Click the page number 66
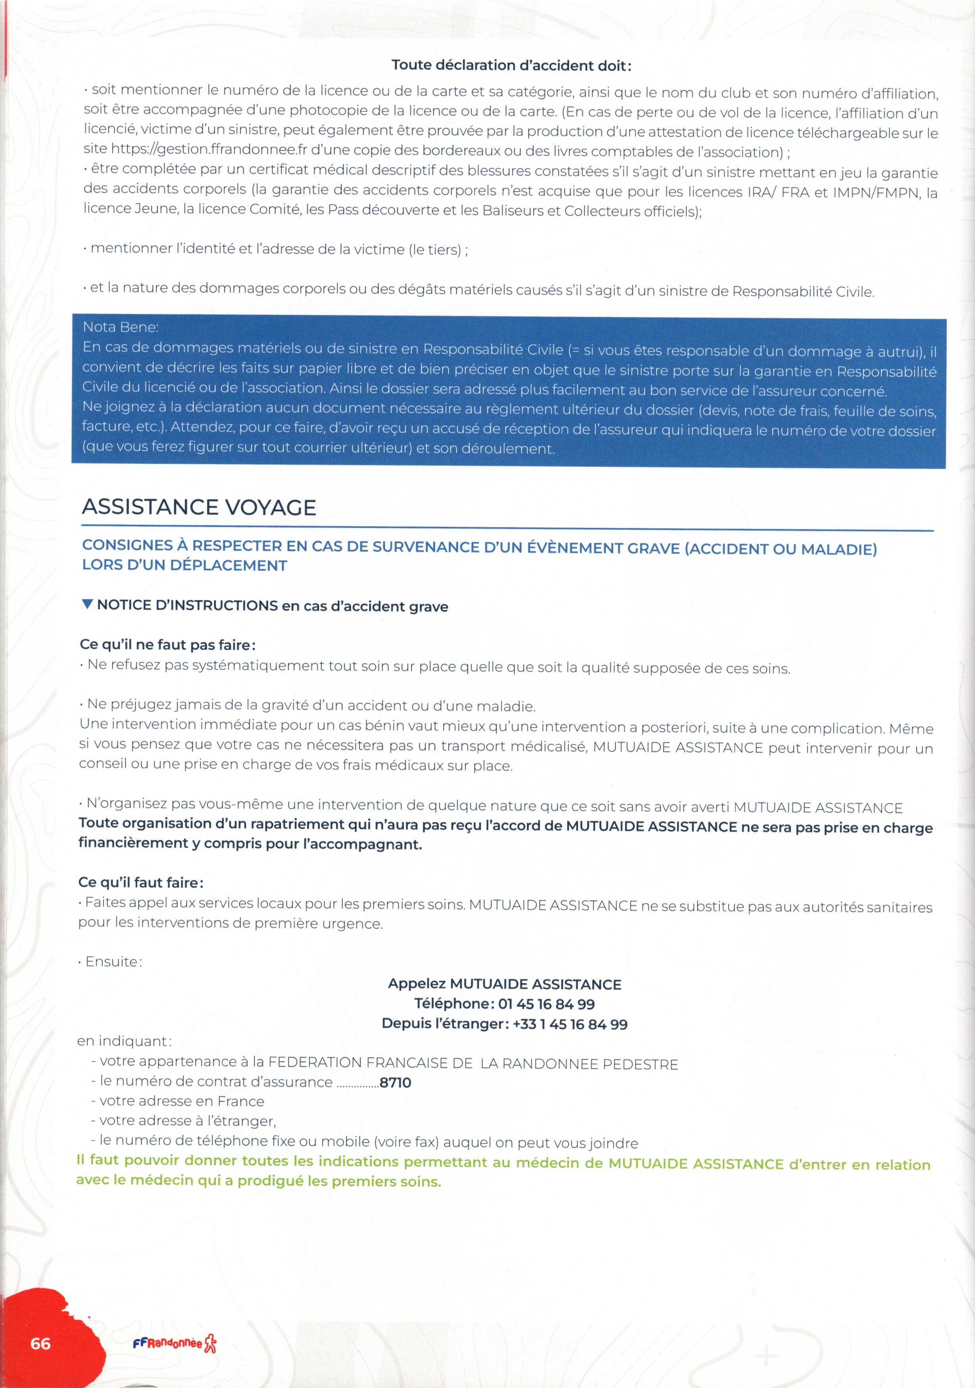point(40,1343)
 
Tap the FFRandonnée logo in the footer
point(174,1343)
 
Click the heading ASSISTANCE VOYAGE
point(199,507)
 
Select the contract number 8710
point(396,1082)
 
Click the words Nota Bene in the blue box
point(120,327)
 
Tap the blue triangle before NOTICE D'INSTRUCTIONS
point(87,604)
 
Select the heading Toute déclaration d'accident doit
point(511,65)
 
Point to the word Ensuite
point(113,962)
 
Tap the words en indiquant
point(124,1041)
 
